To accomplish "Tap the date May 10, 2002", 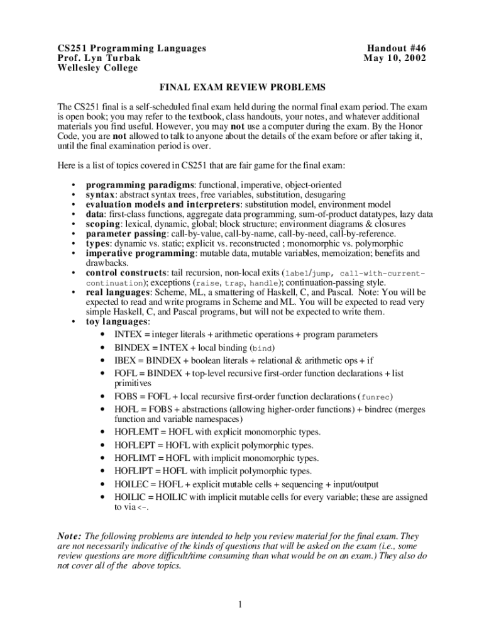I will tap(395, 58).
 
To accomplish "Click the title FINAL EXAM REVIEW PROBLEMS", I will tap(241, 86).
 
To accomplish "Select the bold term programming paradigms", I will tap(141, 185).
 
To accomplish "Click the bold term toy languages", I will tap(117, 321).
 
